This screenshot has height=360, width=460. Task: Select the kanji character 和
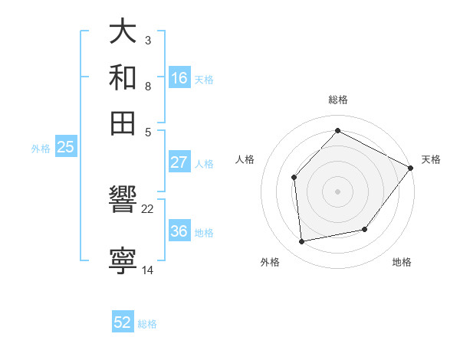click(x=123, y=78)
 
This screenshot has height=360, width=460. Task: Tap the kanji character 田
click(x=123, y=123)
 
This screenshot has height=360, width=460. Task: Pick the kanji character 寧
click(x=123, y=259)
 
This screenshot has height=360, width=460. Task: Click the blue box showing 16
click(x=179, y=78)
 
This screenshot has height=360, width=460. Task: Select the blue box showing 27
click(x=179, y=162)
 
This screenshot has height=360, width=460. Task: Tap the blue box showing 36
click(x=179, y=231)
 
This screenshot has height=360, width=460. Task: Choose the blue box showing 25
click(x=66, y=148)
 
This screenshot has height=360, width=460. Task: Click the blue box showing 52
click(x=123, y=322)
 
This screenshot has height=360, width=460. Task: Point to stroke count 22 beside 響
click(x=148, y=209)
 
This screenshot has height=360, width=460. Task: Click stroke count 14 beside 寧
click(x=148, y=269)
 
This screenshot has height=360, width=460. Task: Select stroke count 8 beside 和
click(x=147, y=87)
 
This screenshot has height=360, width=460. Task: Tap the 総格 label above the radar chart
click(x=337, y=100)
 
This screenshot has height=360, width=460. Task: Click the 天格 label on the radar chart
click(x=431, y=159)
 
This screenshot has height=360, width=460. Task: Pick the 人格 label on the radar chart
click(x=245, y=159)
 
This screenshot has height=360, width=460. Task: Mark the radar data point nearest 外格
click(x=302, y=242)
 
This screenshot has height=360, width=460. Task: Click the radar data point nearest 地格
click(x=365, y=229)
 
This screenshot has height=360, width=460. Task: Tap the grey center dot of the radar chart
click(x=337, y=191)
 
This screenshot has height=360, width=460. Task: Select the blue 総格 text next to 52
click(x=147, y=324)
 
